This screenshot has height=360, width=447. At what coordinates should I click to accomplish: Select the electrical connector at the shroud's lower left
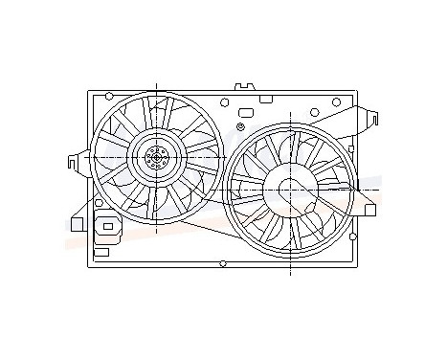107,228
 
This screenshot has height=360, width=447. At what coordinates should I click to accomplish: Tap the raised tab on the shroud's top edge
244,88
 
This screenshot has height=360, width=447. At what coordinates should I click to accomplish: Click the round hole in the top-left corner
109,96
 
